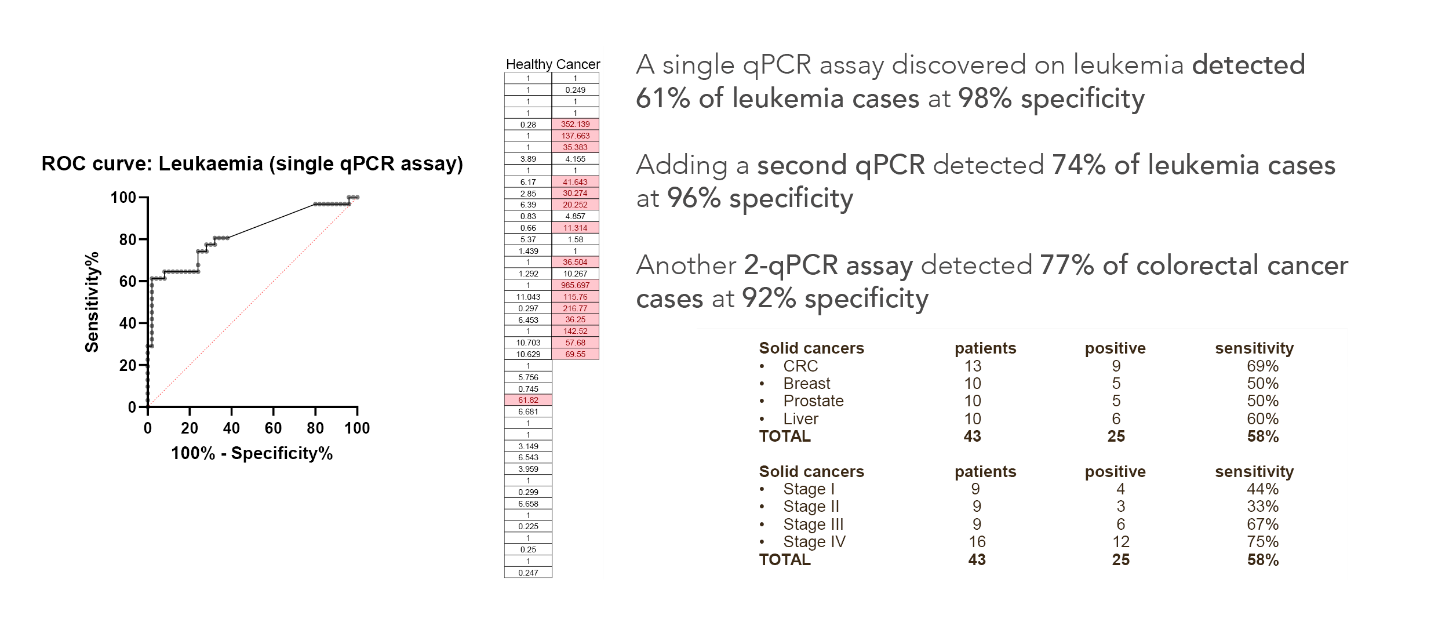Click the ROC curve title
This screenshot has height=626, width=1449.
252,164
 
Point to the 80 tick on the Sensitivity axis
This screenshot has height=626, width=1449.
128,239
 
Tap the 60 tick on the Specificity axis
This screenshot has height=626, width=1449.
273,428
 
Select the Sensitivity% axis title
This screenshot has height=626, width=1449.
92,302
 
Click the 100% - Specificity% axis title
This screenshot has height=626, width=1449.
252,453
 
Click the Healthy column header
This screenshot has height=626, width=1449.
529,64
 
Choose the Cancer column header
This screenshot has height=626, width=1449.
578,64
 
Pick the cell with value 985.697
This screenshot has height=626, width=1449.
575,285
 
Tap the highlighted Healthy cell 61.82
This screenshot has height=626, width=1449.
528,400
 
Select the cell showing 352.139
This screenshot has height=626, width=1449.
575,124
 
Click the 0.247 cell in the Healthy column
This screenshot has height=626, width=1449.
528,573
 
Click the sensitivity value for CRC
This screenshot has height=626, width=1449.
1262,366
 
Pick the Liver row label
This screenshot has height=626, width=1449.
800,419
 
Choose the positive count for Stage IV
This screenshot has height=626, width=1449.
1120,542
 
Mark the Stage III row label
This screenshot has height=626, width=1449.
813,525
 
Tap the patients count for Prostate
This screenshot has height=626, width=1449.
972,401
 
